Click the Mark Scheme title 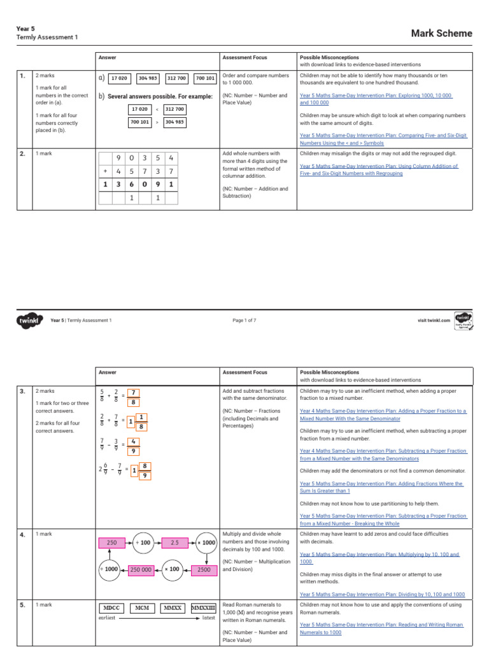pyautogui.click(x=441, y=34)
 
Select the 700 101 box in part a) pyautogui.click(x=205, y=78)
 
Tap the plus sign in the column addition pyautogui.click(x=104, y=171)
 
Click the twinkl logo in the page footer pyautogui.click(x=29, y=320)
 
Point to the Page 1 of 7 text pyautogui.click(x=244, y=320)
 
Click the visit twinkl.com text pyautogui.click(x=434, y=320)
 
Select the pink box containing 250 pyautogui.click(x=113, y=542)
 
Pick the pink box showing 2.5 pyautogui.click(x=174, y=542)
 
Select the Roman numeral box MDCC pyautogui.click(x=113, y=608)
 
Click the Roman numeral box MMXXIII pyautogui.click(x=204, y=608)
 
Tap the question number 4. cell pyautogui.click(x=22, y=535)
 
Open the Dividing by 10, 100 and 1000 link pyautogui.click(x=382, y=593)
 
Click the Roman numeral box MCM pyautogui.click(x=143, y=608)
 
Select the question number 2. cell pyautogui.click(x=22, y=154)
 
